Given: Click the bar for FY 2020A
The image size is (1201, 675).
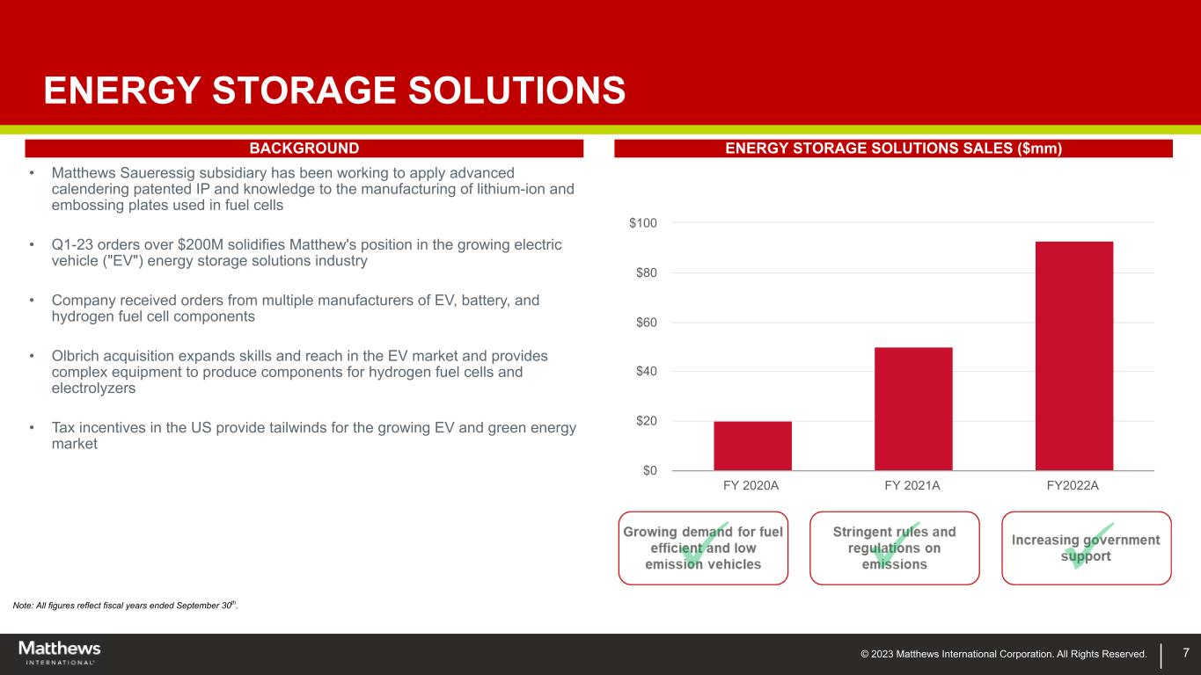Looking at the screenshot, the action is pos(752,446).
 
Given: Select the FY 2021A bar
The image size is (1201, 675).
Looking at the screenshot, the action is pos(913,409).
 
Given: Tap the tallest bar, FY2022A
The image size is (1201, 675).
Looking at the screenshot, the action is pos(1074,356).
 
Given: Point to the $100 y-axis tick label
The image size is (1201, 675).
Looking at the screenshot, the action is pos(643,223).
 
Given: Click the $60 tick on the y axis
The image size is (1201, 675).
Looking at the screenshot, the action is pos(646,323).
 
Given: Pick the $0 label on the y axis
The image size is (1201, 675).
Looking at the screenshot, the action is pos(650,470).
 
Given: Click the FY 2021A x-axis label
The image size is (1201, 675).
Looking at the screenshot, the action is pos(912,485).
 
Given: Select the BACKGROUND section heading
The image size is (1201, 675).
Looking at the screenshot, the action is pos(304,149).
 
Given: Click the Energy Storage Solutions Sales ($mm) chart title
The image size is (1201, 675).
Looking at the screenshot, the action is pos(893,149).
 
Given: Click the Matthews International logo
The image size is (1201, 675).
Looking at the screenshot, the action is pos(60,653).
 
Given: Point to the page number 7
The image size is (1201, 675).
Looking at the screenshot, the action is pos(1186,652).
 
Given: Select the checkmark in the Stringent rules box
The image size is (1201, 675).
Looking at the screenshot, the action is pos(894,545).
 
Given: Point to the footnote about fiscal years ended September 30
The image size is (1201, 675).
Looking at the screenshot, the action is pos(125,606).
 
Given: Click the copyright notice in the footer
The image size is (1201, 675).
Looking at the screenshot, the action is pos(1004,654).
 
